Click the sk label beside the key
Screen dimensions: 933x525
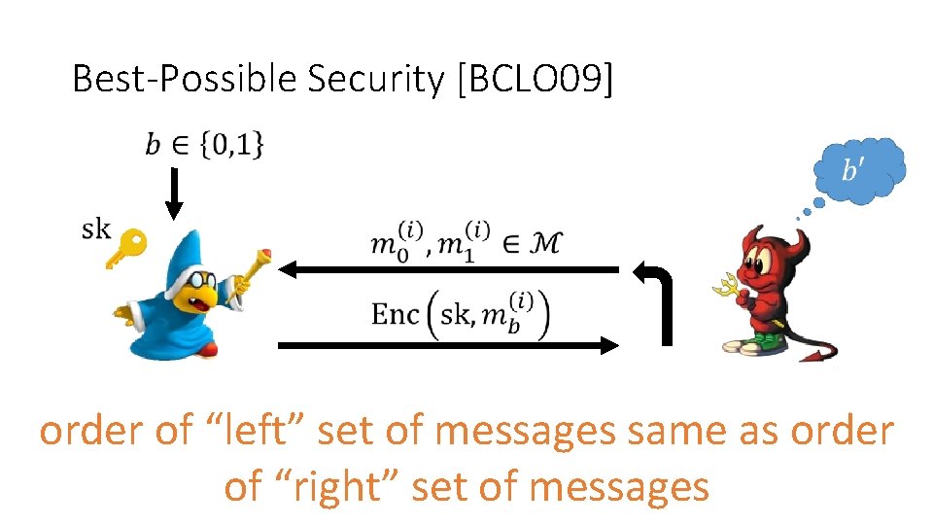pos(95,229)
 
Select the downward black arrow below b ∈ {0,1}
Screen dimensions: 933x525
pos(174,193)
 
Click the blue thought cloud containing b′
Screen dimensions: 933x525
pos(856,174)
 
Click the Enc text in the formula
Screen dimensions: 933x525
pos(395,313)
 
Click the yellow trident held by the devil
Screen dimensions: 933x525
pos(723,283)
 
